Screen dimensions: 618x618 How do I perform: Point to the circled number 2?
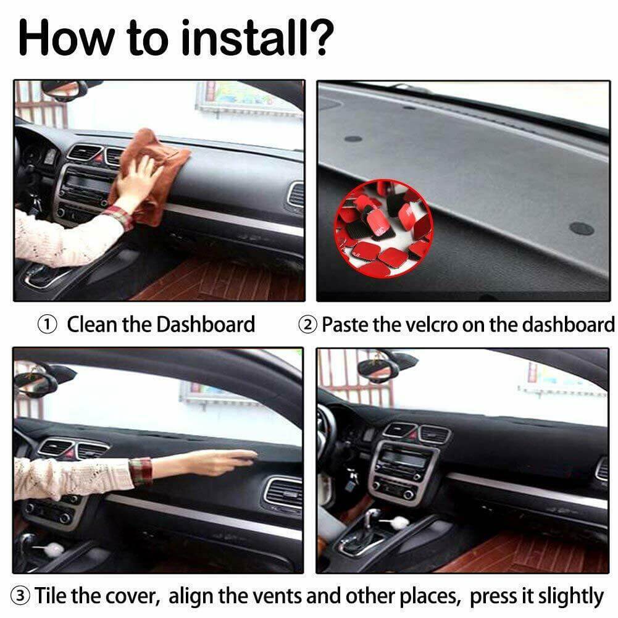click(x=309, y=324)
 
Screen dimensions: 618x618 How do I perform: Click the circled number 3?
click(x=22, y=596)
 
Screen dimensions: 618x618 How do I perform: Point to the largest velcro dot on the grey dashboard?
click(x=581, y=228)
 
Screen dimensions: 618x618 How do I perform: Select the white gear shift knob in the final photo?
click(x=399, y=522)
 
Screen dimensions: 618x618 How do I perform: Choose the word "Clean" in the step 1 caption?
click(x=93, y=324)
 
